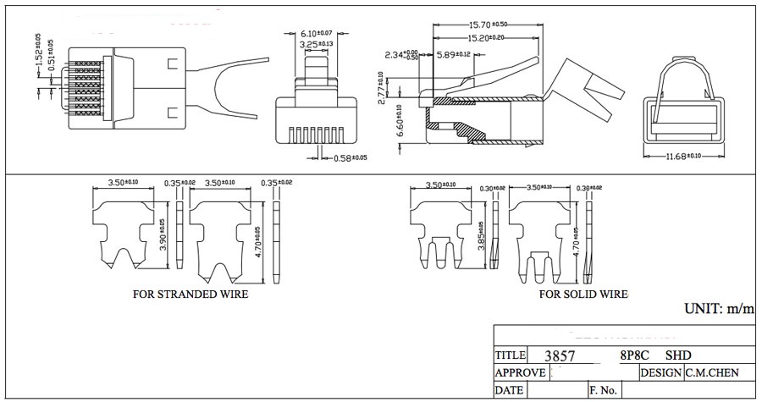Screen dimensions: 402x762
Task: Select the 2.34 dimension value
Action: click(402, 55)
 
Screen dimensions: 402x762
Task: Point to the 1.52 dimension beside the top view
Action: click(38, 47)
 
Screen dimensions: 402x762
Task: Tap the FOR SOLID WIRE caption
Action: click(583, 295)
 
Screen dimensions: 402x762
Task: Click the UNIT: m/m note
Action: click(719, 310)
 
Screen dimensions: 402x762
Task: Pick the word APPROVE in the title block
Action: click(520, 373)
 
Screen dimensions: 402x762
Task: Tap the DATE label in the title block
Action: click(509, 390)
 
